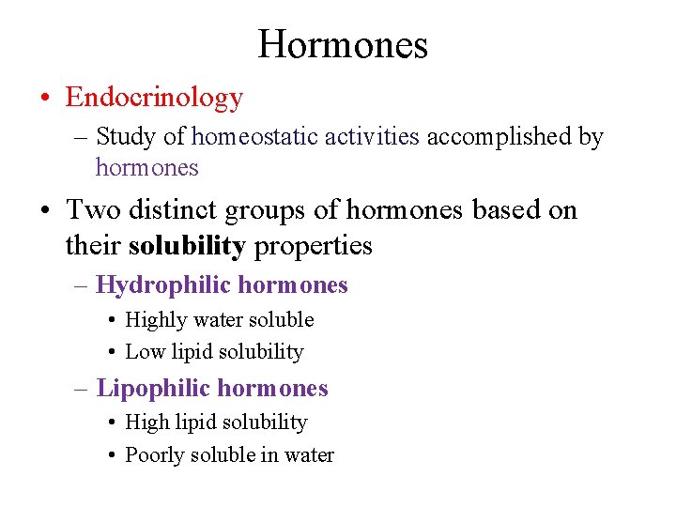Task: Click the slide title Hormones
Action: point(343,44)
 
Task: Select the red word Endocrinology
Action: point(154,97)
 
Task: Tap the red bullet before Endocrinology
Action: point(46,98)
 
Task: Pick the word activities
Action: point(372,137)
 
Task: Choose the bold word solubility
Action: point(187,246)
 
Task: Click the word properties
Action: point(314,247)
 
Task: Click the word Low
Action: point(145,352)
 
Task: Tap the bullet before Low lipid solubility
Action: point(112,353)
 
